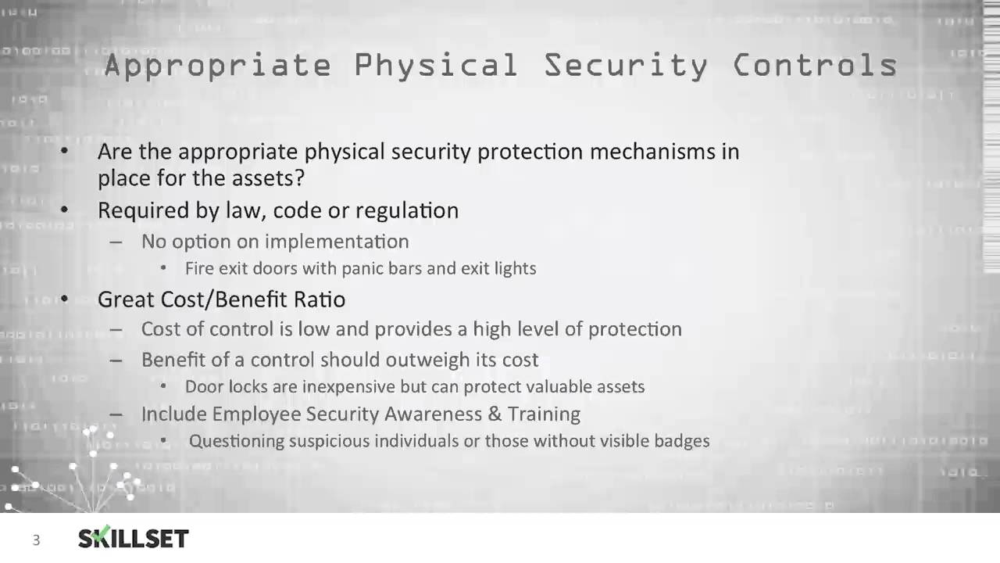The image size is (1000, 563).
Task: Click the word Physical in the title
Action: (x=436, y=66)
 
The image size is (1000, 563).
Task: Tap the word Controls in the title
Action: (x=815, y=66)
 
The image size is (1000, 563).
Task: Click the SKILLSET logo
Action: (x=134, y=538)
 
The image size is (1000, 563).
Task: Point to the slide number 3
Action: (x=36, y=540)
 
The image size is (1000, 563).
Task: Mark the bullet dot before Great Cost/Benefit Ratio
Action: (x=65, y=299)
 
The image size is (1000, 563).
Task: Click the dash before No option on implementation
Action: (x=116, y=242)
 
